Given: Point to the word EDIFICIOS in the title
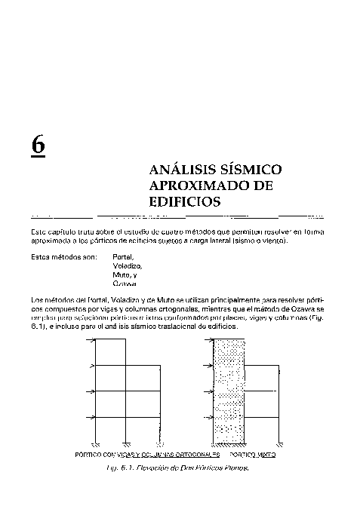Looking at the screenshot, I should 185,202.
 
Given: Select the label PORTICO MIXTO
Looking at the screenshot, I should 253,456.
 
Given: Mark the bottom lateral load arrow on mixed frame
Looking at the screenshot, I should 211,417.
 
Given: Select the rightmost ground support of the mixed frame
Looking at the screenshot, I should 281,444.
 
